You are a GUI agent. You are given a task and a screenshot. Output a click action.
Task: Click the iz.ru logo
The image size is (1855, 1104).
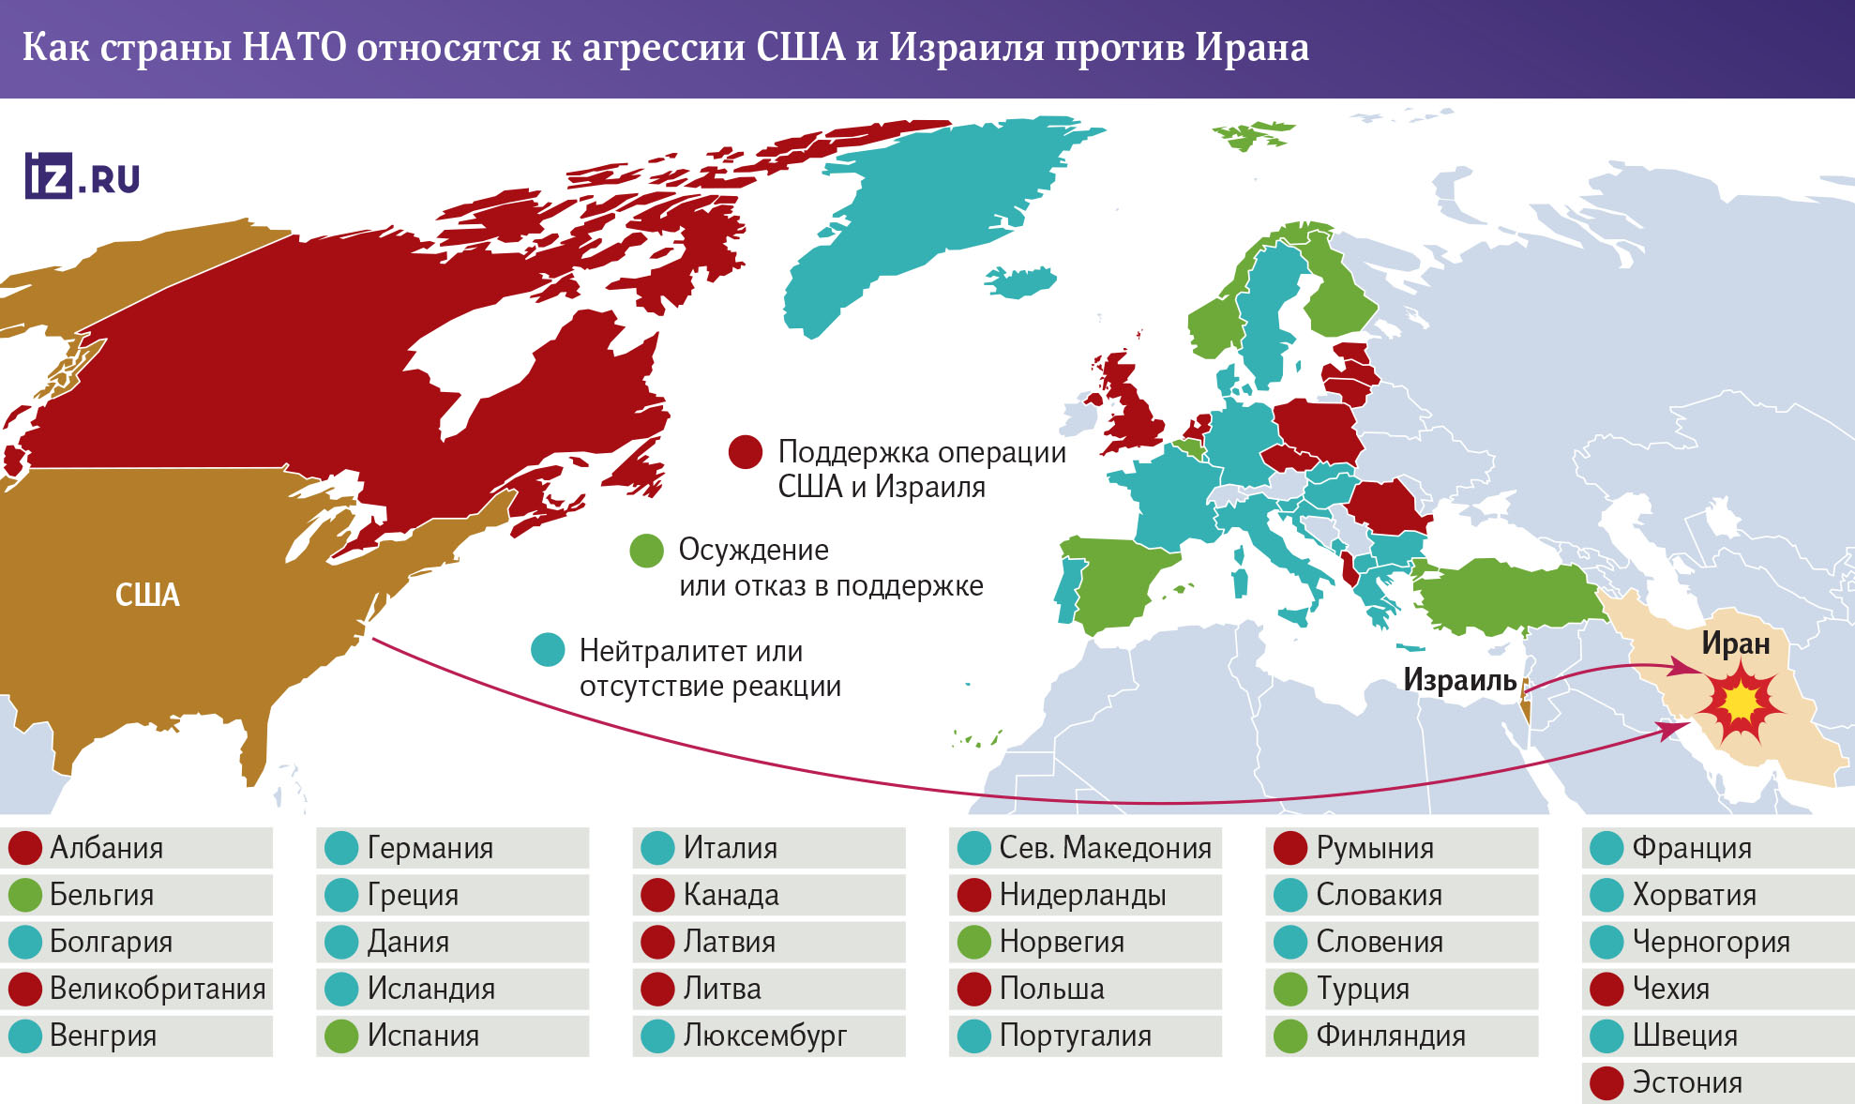click(x=83, y=176)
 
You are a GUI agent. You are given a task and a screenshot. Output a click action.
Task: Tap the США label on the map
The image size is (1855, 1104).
click(x=147, y=595)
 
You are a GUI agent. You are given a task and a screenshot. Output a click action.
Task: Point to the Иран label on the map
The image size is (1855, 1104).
click(x=1736, y=643)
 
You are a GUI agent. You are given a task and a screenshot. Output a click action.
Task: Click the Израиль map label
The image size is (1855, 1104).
click(x=1459, y=680)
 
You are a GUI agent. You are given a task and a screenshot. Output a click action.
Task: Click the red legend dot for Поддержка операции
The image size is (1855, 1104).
click(x=746, y=452)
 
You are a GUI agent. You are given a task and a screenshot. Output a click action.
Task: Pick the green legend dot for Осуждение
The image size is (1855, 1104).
click(x=646, y=551)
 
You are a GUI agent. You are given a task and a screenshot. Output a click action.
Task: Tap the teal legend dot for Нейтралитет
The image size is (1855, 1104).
click(x=548, y=650)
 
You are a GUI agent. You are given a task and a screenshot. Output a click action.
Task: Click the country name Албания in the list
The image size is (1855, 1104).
click(x=106, y=848)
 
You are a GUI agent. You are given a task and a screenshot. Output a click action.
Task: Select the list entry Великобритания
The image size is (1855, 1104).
click(x=158, y=989)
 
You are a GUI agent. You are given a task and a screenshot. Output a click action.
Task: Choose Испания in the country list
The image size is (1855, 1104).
click(x=423, y=1036)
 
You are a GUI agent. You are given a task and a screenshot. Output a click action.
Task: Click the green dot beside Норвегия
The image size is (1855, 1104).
click(x=974, y=942)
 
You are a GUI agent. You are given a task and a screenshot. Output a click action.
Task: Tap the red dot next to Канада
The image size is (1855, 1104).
click(x=657, y=895)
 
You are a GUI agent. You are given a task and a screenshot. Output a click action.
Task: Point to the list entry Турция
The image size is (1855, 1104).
click(x=1363, y=989)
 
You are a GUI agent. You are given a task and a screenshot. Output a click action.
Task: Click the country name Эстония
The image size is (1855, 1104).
click(x=1687, y=1082)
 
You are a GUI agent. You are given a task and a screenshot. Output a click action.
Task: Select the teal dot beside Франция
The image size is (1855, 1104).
click(x=1606, y=848)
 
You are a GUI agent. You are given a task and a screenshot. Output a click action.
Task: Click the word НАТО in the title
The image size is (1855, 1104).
click(x=294, y=47)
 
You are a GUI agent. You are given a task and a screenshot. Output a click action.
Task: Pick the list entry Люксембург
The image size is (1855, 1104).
click(x=764, y=1036)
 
